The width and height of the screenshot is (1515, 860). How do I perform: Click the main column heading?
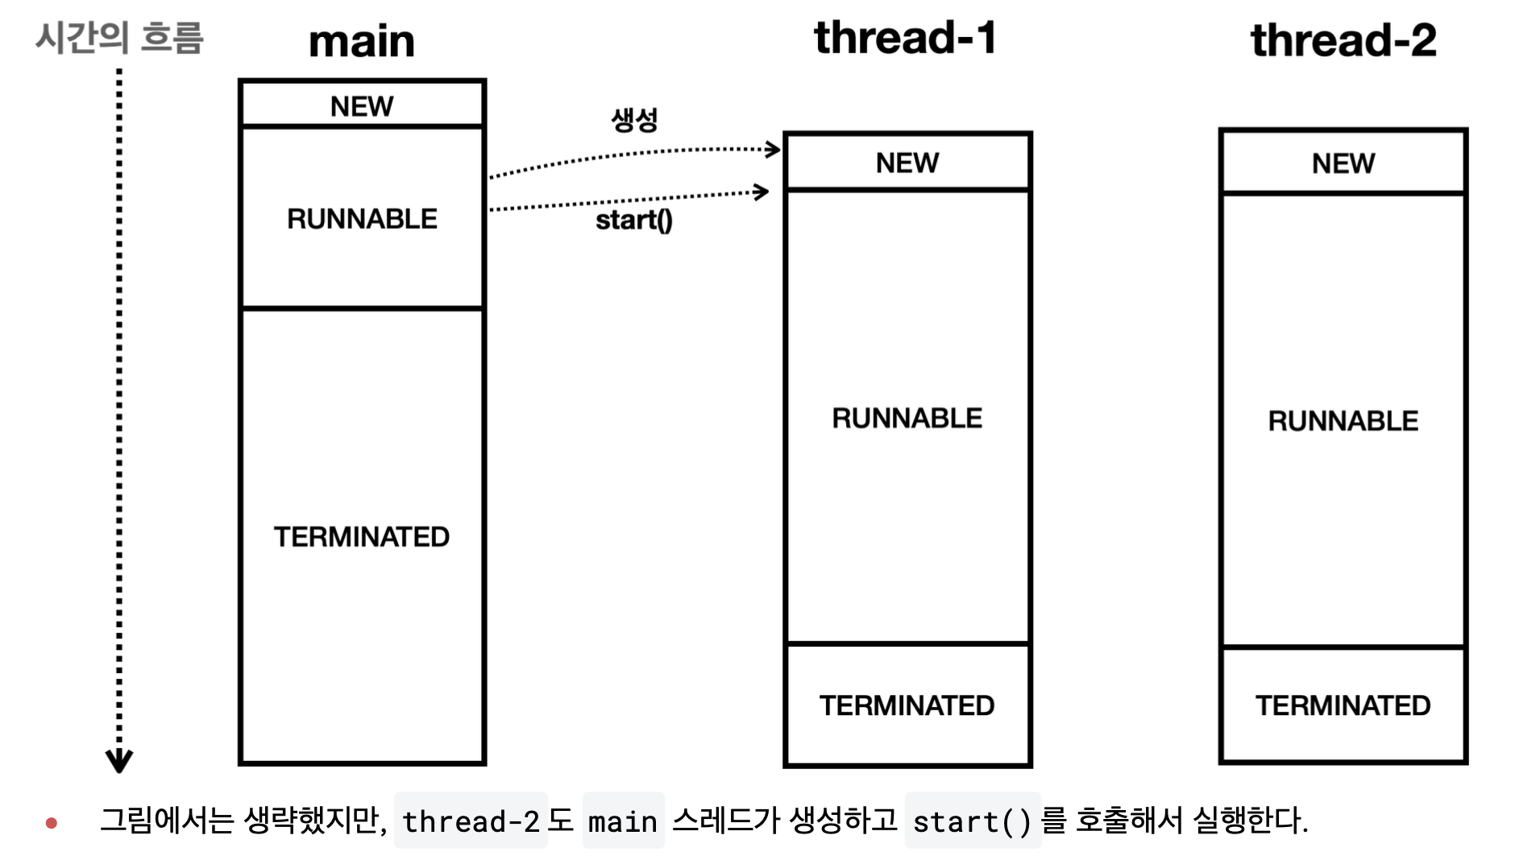(362, 41)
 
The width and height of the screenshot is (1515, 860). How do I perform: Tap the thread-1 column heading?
(905, 38)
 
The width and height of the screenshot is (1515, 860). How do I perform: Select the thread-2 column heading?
(1343, 40)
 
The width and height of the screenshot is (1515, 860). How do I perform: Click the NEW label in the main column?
(362, 106)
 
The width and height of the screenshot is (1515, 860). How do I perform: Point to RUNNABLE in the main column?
(362, 219)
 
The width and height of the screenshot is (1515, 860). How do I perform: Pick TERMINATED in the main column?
(362, 537)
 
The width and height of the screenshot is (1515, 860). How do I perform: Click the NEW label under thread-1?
(907, 163)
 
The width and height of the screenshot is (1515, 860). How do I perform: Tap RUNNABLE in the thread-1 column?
(907, 419)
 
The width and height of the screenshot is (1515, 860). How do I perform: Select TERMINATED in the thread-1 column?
(907, 706)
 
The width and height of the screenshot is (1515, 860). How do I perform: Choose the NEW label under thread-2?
(1343, 164)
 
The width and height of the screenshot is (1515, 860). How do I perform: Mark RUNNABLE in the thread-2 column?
(1343, 421)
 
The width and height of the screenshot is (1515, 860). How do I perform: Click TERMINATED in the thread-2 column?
(1343, 706)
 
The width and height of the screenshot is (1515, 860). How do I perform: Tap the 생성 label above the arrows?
(635, 120)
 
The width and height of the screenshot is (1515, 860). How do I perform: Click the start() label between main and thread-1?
(634, 221)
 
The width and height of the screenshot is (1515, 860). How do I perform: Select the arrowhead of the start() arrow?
(762, 192)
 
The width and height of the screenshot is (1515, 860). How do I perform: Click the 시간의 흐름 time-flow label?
(119, 38)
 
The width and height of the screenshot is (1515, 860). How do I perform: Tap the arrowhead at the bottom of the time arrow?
(119, 761)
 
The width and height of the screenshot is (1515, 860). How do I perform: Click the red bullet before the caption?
(52, 823)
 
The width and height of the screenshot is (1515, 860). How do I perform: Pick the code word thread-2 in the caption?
(471, 822)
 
